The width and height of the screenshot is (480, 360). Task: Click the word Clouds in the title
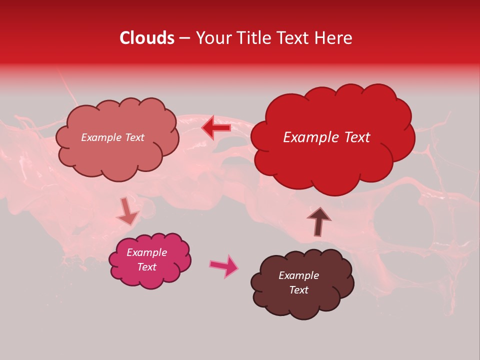(147, 38)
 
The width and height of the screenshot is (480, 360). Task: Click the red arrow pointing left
(216, 128)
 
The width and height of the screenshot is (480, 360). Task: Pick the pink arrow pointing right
(224, 266)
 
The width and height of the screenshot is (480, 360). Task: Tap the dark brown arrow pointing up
(318, 221)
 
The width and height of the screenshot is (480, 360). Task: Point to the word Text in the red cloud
(353, 137)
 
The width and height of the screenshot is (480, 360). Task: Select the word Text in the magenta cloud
(146, 267)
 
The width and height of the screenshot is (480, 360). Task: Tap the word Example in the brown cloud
(298, 275)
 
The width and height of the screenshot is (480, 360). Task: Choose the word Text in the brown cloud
(298, 290)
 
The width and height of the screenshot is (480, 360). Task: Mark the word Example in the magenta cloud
(146, 252)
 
